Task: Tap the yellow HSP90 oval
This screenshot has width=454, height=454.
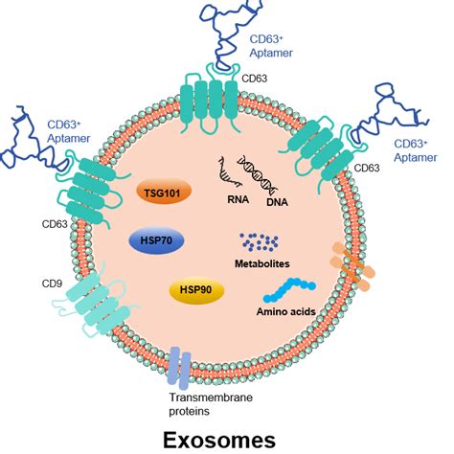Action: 194,288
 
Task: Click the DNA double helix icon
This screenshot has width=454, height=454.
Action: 261,174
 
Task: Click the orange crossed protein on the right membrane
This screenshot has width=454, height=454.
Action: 347,261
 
